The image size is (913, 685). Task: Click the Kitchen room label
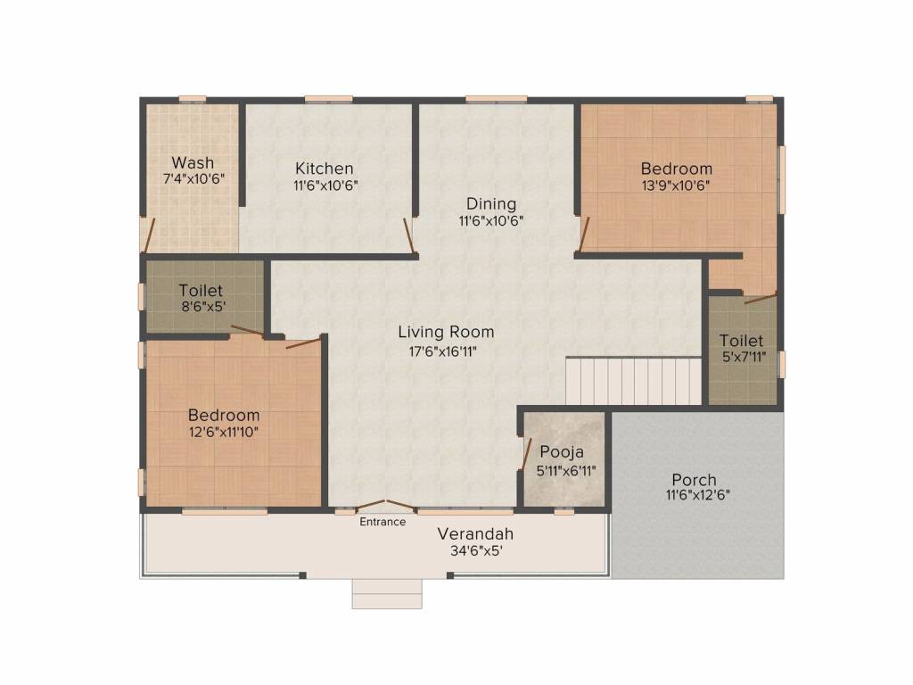[325, 169]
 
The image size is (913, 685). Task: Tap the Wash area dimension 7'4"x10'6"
[193, 178]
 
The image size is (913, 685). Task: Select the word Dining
[491, 204]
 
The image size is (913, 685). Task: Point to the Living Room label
[446, 332]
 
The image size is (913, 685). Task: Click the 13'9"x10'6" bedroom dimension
[676, 186]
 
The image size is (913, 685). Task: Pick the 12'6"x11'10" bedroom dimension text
[224, 433]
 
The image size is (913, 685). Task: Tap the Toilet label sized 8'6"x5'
[201, 290]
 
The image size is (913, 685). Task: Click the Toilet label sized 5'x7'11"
[741, 340]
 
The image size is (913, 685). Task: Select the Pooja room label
[562, 452]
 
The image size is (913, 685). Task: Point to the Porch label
[694, 480]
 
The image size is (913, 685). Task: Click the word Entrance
[382, 522]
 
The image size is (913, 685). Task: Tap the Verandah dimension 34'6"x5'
[476, 550]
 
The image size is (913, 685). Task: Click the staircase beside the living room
[634, 380]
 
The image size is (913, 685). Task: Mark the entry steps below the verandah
[387, 593]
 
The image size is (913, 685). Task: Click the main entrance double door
[385, 506]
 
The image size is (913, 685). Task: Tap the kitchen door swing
[410, 235]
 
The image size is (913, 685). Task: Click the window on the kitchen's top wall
[328, 98]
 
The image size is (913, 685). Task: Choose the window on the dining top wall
[496, 98]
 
